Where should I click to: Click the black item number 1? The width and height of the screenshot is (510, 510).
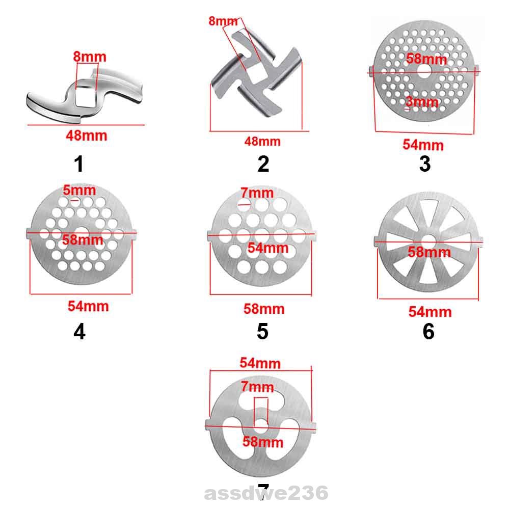point(78,164)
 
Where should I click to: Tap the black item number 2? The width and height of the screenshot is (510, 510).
point(263,164)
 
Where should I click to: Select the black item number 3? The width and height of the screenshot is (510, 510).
point(424,164)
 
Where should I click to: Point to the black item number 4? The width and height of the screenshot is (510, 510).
point(79,332)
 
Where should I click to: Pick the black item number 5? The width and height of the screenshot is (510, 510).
point(262,332)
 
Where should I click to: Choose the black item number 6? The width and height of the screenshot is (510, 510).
point(428,332)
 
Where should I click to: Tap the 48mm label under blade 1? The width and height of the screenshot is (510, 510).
point(87,136)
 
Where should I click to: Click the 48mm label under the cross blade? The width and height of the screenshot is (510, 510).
point(262,141)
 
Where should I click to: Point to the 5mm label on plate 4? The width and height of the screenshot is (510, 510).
point(79,190)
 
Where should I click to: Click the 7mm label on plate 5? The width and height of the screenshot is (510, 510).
point(257,193)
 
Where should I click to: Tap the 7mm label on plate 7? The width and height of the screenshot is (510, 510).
point(258,387)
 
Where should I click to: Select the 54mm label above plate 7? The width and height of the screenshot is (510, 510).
point(260,363)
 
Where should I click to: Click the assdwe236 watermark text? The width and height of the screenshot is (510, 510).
point(266,493)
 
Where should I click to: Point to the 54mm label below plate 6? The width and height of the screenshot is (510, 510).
point(430,311)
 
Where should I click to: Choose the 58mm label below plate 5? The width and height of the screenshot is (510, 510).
point(264,309)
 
